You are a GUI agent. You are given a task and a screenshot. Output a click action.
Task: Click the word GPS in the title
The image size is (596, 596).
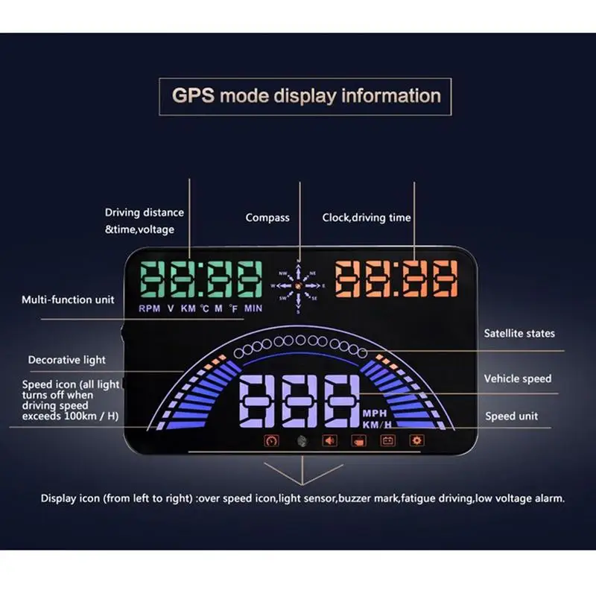coord(193,95)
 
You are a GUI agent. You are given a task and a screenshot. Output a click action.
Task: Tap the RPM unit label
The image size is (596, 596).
coord(150,308)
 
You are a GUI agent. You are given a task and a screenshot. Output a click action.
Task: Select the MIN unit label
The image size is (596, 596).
coord(253,308)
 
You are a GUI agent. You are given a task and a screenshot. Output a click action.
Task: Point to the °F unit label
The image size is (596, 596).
coord(233,308)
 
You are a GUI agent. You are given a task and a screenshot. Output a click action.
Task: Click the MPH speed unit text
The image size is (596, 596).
coord(375,413)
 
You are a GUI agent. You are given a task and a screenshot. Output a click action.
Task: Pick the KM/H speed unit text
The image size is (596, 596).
coord(377,425)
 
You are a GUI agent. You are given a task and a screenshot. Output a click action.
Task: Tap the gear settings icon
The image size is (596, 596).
coord(417,440)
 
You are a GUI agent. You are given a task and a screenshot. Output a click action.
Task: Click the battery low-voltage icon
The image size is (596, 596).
coord(387,440)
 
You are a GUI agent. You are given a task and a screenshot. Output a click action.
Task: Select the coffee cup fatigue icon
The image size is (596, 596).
coord(358,441)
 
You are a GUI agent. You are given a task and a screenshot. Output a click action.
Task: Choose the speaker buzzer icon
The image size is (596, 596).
coord(329,440)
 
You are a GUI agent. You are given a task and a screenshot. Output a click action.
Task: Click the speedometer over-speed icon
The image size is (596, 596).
coord(271,441)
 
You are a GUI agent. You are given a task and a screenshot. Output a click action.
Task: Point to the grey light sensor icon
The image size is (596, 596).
coord(302,441)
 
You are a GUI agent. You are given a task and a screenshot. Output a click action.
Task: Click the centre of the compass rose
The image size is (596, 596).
coord(299,286)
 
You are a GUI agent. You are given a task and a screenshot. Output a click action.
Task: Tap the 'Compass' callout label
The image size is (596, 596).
coord(267,218)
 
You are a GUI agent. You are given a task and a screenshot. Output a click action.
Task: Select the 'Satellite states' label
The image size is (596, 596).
coord(519,333)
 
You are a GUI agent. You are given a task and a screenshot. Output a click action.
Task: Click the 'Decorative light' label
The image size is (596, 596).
coord(67,360)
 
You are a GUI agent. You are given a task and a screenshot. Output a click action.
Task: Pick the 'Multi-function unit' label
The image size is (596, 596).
coord(68,299)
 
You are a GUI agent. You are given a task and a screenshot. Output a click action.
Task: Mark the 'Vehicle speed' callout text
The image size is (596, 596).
coord(518,378)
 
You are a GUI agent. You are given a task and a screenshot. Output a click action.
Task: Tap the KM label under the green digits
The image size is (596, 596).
coord(188,308)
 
